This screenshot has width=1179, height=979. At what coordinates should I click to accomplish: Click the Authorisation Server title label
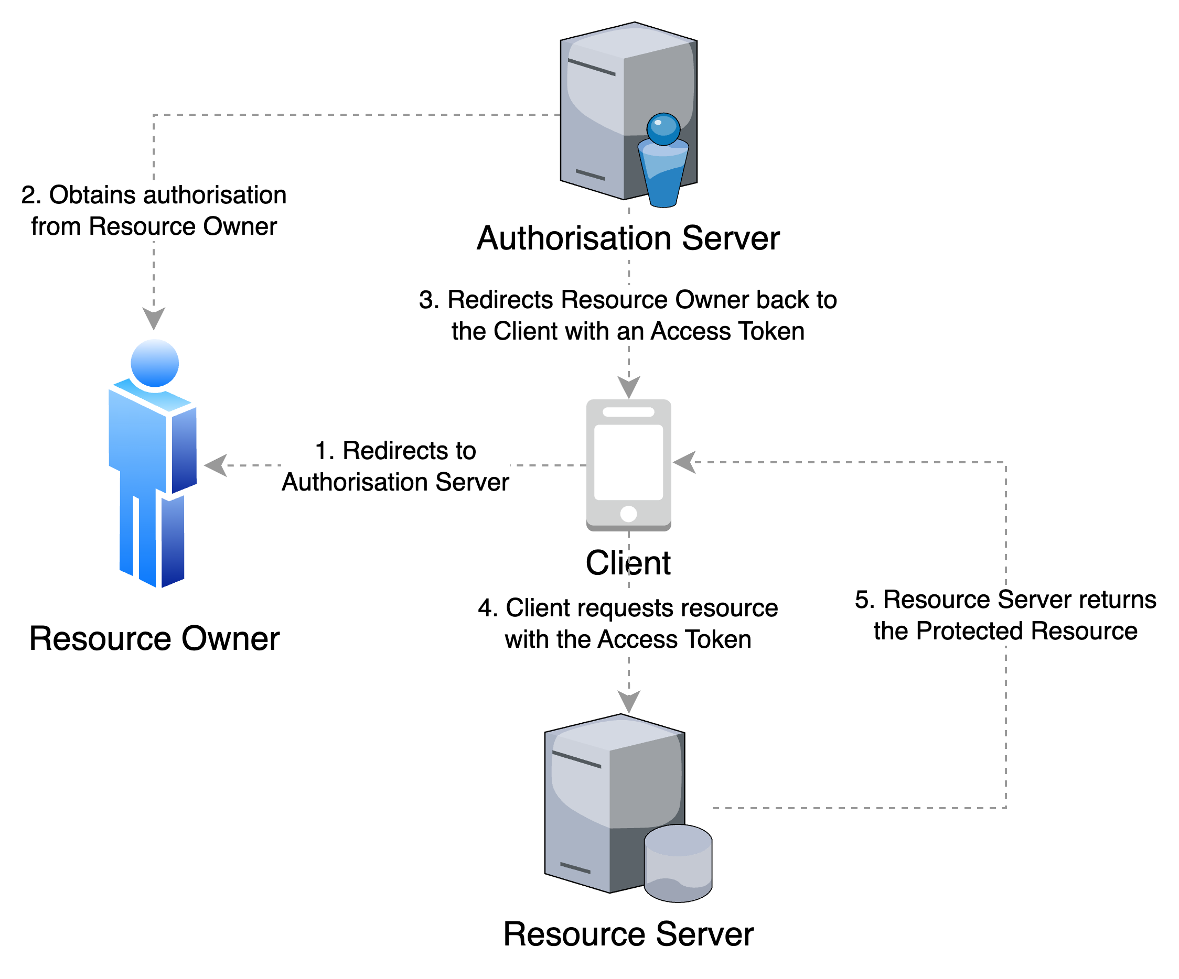pyautogui.click(x=628, y=240)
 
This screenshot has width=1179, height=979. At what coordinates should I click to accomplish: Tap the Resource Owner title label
pyautogui.click(x=154, y=639)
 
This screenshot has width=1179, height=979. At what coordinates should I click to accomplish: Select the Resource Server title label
pyautogui.click(x=628, y=936)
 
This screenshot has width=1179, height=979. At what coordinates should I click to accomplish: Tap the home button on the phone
pyautogui.click(x=628, y=513)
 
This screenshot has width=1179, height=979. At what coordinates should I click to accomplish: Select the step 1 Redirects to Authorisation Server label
pyautogui.click(x=395, y=466)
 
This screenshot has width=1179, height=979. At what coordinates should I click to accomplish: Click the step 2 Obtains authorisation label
pyautogui.click(x=154, y=210)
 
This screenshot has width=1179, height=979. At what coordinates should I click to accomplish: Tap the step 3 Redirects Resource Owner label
pyautogui.click(x=628, y=316)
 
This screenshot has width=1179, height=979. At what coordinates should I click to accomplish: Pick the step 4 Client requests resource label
pyautogui.click(x=628, y=623)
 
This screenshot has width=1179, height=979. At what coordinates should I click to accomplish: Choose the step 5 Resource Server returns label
pyautogui.click(x=1005, y=615)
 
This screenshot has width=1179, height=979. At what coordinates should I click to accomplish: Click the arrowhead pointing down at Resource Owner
pyautogui.click(x=154, y=318)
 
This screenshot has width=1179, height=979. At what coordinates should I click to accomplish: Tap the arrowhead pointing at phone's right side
pyautogui.click(x=684, y=462)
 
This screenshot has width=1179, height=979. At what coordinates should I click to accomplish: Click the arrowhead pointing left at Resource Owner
pyautogui.click(x=216, y=466)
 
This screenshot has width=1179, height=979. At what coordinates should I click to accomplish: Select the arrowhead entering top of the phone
pyautogui.click(x=629, y=387)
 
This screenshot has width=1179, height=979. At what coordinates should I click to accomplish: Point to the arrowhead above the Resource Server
pyautogui.click(x=629, y=702)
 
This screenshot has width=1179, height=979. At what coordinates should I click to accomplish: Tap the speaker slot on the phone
pyautogui.click(x=628, y=412)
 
